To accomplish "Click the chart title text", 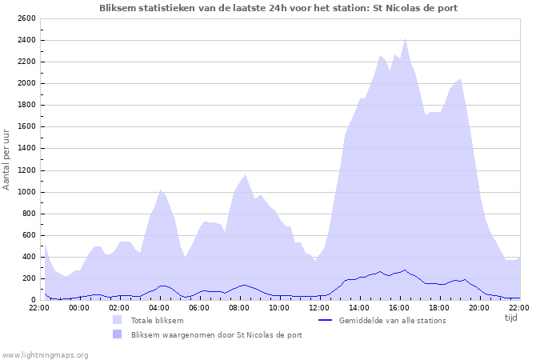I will [x=279, y=7].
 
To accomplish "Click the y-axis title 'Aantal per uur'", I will [x=7, y=158].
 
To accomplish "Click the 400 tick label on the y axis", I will [x=28, y=257].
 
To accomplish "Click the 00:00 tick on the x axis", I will [x=79, y=306].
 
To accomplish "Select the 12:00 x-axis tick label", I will [x=319, y=306].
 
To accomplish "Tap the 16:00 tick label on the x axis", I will [x=399, y=306].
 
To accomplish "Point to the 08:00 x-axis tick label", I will [x=239, y=306].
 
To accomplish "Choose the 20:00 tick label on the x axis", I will [x=479, y=306].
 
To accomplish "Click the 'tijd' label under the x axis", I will [x=511, y=318].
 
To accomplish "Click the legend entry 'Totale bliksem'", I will [x=158, y=320].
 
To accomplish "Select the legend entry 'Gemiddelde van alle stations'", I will [x=392, y=320].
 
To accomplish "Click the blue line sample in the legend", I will [x=325, y=320].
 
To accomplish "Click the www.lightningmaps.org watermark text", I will [x=45, y=354].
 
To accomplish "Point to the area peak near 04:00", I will [x=161, y=190].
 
